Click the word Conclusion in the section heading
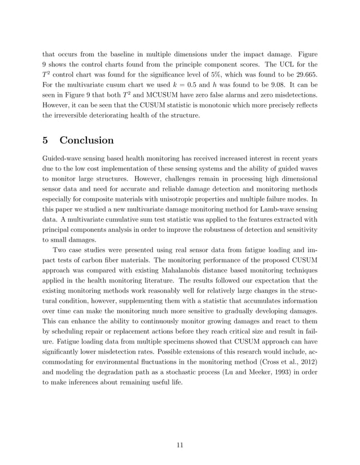pyautogui.click(x=87, y=140)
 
